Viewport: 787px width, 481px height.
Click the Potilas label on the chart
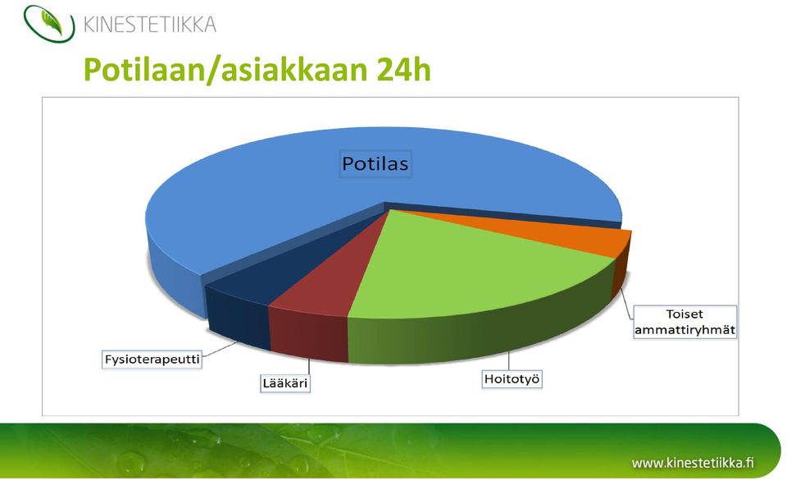[375, 163]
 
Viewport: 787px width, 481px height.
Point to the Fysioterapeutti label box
[152, 360]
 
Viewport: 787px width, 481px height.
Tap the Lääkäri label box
[285, 383]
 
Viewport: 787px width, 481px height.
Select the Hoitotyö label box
[512, 378]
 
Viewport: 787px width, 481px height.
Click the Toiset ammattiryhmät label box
[685, 322]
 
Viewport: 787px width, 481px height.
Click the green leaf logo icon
[49, 23]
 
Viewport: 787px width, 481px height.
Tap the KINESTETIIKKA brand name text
[149, 24]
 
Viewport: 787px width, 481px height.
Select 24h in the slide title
[403, 69]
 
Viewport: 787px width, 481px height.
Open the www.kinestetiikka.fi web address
[693, 462]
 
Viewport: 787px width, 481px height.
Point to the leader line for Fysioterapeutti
[220, 349]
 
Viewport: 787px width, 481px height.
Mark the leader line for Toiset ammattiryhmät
[626, 304]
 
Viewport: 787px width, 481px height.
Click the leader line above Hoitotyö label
[508, 360]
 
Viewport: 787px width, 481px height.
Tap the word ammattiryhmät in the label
[685, 330]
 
